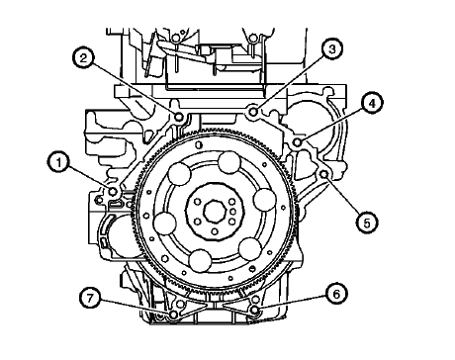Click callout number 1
pos(59,163)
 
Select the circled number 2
pos(84,58)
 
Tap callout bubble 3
pos(332,49)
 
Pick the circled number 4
pos(372,104)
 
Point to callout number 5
pos(367,224)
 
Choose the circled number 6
pos(336,294)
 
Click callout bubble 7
pos(90,298)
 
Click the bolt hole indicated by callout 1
pos(113,192)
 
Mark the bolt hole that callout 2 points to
pos(179,117)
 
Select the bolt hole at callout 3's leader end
pos(253,112)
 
